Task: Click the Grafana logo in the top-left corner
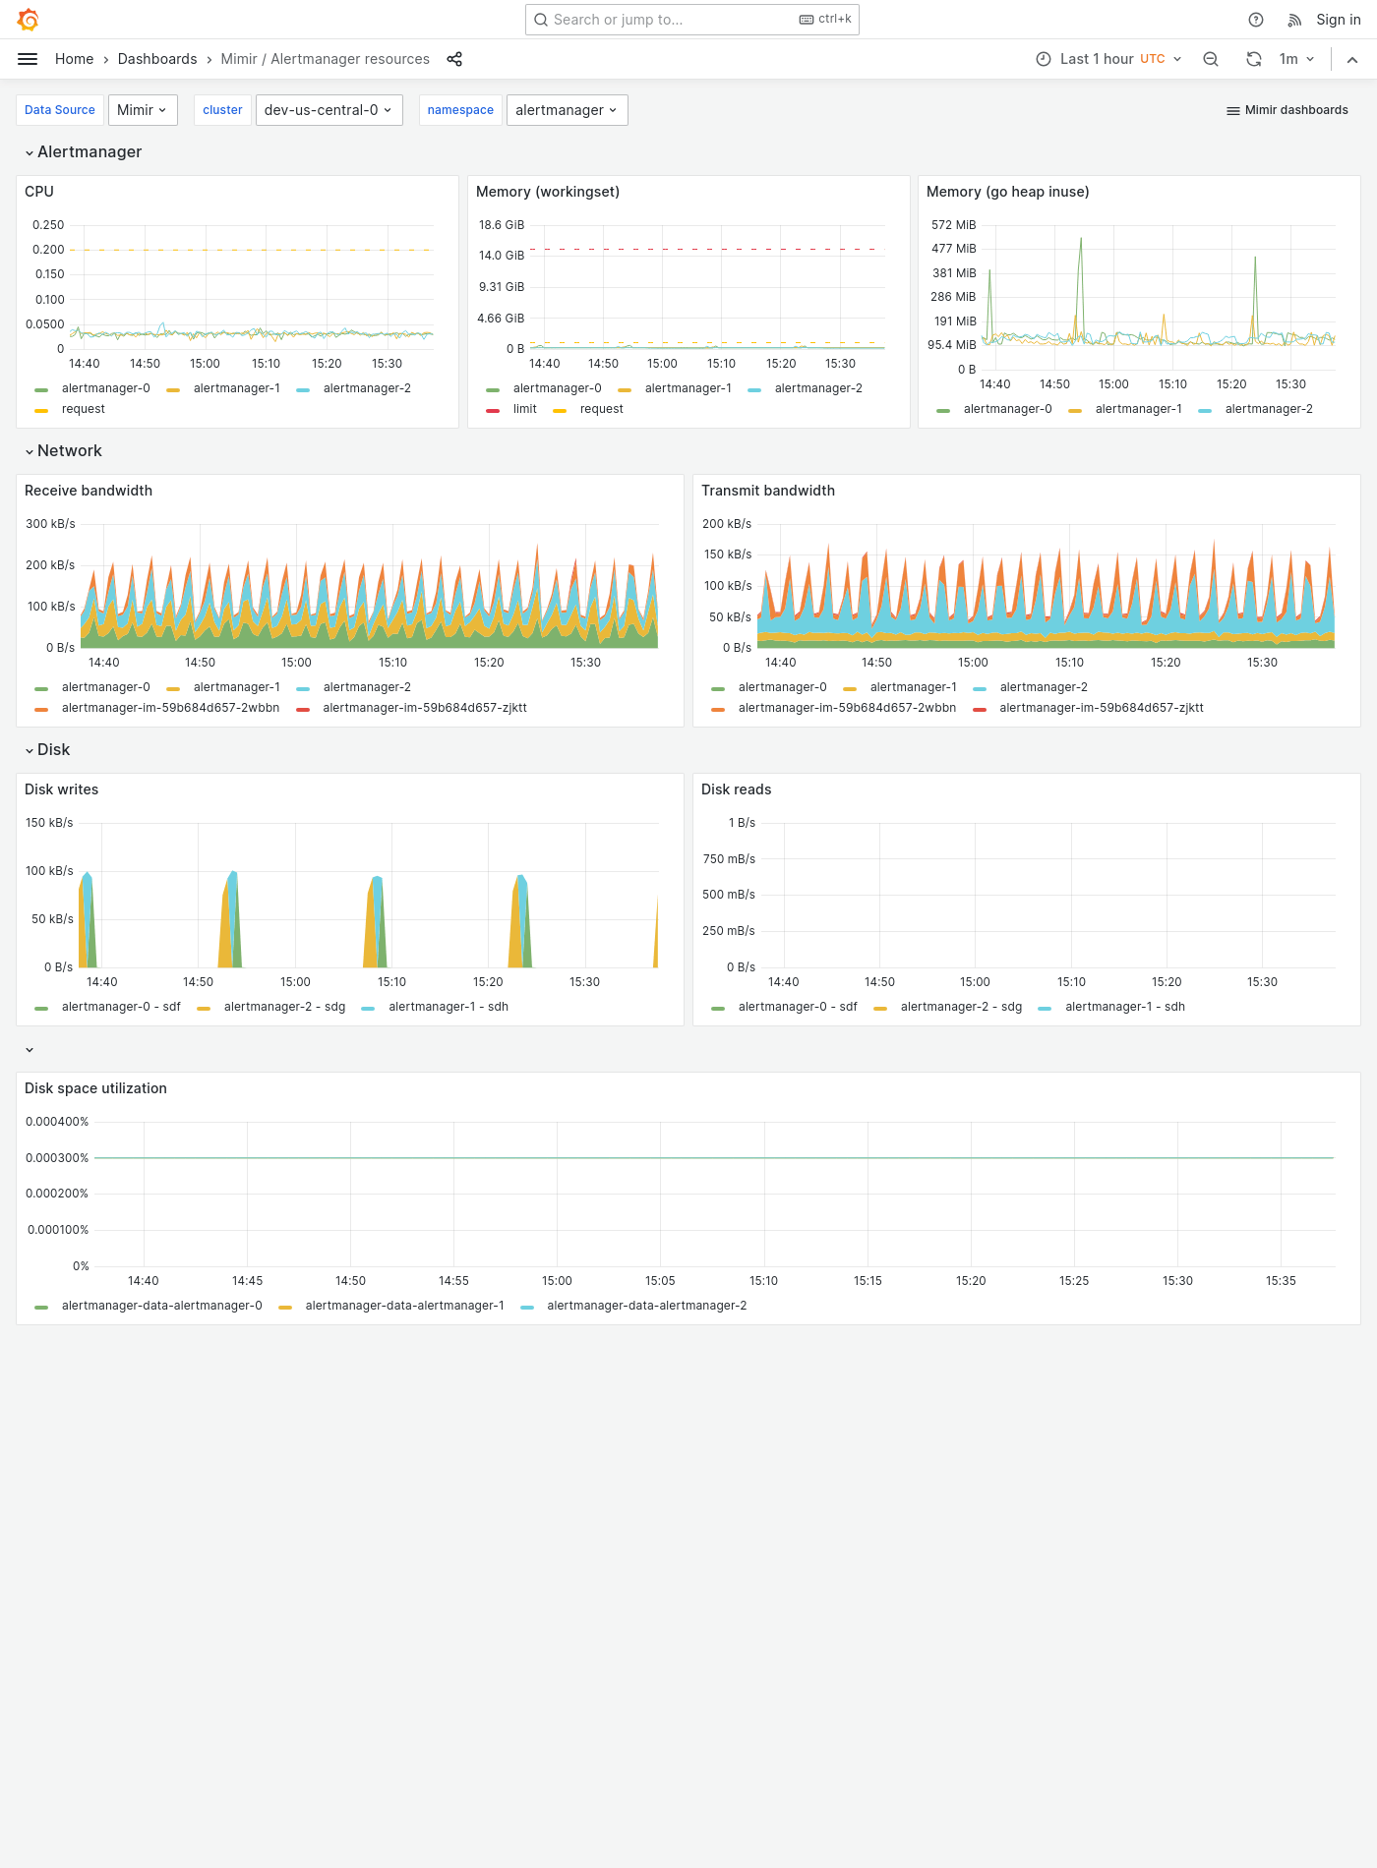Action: tap(28, 20)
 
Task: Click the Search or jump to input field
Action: tap(669, 20)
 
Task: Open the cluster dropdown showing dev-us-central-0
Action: tap(329, 110)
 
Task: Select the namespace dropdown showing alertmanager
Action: tap(567, 110)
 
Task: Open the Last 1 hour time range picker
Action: tap(1108, 59)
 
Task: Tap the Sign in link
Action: tap(1338, 20)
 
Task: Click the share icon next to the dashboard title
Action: tap(454, 59)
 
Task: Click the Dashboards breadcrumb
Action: tap(157, 59)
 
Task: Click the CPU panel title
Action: tap(39, 192)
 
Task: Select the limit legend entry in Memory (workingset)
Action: tap(524, 409)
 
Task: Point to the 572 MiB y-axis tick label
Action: tap(953, 225)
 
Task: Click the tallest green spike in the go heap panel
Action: tap(1081, 240)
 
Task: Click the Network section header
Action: tap(69, 451)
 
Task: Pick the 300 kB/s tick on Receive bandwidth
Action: tap(50, 524)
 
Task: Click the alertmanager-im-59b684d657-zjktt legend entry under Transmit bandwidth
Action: tap(1101, 708)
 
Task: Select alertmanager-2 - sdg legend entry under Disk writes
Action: tap(284, 1007)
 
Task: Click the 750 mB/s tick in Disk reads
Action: tap(729, 859)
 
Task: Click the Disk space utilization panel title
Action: tap(95, 1088)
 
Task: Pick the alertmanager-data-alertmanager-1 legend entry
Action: tap(404, 1306)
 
